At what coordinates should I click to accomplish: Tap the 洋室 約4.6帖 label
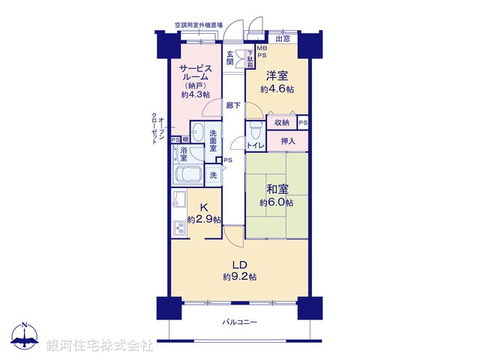click(277, 82)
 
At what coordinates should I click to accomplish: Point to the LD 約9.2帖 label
click(239, 271)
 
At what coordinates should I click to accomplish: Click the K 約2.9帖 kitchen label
click(204, 214)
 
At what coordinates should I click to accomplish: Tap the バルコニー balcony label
click(239, 322)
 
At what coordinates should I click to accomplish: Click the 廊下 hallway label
click(234, 106)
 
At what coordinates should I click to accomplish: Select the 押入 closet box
click(288, 141)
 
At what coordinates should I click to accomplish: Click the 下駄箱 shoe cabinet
click(250, 58)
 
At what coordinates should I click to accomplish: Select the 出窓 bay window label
click(283, 38)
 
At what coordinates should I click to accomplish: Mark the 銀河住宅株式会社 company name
click(99, 346)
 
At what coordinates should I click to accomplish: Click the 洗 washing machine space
click(213, 174)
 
